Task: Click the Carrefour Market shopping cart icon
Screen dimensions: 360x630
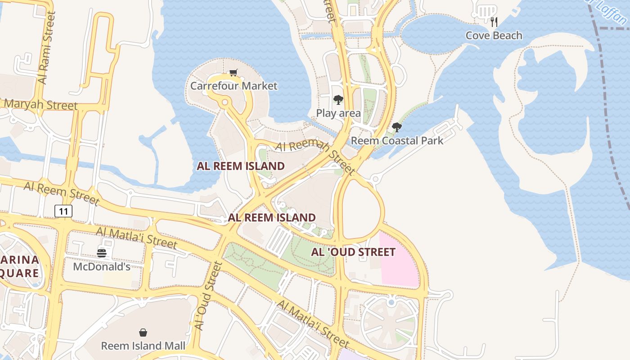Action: coord(233,73)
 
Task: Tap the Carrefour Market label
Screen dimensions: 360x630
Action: coord(234,85)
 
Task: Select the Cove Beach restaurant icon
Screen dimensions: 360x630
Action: coord(494,22)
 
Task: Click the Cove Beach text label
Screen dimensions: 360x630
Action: coord(494,36)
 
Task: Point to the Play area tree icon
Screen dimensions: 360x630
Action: coord(338,100)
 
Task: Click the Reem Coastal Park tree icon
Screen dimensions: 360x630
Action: coord(396,127)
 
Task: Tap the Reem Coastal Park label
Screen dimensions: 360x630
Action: coord(396,140)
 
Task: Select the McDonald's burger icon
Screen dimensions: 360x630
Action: coord(102,253)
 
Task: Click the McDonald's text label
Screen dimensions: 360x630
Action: coord(102,266)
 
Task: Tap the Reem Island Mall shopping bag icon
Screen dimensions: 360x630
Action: coord(143,333)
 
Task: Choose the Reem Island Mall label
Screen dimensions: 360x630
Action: coord(143,346)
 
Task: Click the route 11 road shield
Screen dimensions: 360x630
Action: coord(63,211)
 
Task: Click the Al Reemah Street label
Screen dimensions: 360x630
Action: coord(315,157)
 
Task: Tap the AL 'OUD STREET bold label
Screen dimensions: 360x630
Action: coord(353,252)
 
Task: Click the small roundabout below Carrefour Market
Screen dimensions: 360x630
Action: coord(224,103)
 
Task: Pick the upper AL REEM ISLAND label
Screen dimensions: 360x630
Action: coord(240,166)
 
